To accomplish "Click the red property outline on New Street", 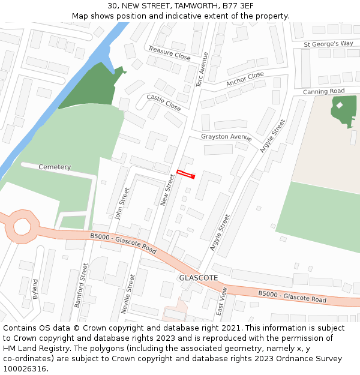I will point(186,175).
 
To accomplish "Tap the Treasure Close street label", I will point(169,53).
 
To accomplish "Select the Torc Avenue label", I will point(202,69).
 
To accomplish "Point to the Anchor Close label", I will point(245,79).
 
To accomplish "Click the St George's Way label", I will point(328,44).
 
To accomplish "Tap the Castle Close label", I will point(164,102).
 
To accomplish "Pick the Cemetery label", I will point(55,167).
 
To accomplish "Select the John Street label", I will point(123,203).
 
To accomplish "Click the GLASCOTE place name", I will point(198,278).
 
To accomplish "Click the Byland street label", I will point(36,288).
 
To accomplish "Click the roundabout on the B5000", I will point(22,226).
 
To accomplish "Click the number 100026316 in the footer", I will point(23,369).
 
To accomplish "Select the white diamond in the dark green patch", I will point(340,105).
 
